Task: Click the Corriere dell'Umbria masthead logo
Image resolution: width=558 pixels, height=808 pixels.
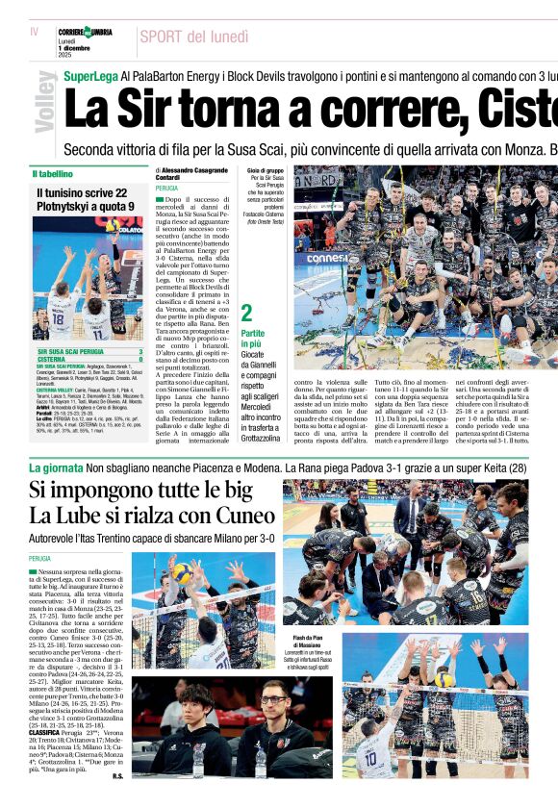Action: (x=84, y=33)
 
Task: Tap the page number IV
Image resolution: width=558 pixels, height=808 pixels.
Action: (x=35, y=32)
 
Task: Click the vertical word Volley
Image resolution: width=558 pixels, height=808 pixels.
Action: (x=44, y=101)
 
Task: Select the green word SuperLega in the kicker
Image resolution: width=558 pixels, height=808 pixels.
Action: (x=90, y=75)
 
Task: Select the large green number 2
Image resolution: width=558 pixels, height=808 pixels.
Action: (x=246, y=313)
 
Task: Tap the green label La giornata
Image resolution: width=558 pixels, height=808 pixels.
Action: (x=56, y=467)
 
